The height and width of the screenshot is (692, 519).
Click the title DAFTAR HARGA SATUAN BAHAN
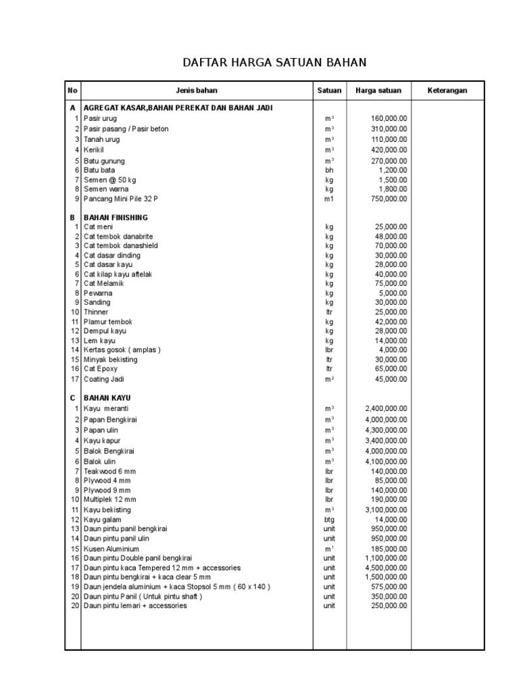point(274,63)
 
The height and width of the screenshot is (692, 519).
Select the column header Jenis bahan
point(197,91)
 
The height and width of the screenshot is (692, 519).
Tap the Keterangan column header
point(447,91)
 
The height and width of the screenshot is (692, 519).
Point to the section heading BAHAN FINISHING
point(116,218)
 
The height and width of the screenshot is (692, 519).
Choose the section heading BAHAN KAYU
point(107,398)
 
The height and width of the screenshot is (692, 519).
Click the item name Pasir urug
point(101,118)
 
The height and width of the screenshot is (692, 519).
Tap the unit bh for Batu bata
point(329,171)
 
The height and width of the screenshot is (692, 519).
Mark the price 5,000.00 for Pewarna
point(393,293)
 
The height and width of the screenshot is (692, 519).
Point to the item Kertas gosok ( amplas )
point(122,350)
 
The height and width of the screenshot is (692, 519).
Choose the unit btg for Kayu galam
point(329,520)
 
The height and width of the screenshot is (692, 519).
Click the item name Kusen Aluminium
point(112,549)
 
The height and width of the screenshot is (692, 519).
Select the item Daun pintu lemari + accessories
point(135,606)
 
